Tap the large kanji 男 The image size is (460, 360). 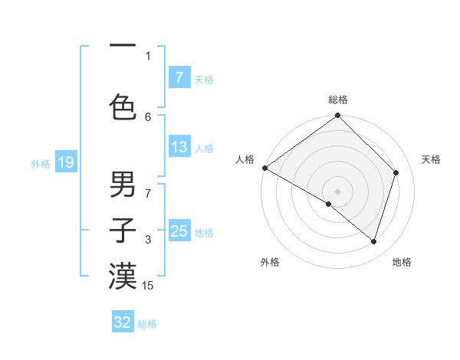coord(123,185)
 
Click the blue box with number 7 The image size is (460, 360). coord(179,77)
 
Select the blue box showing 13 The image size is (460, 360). coord(179,147)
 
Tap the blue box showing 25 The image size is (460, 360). coord(179,231)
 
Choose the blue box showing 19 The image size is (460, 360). coord(65,162)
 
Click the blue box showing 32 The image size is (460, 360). coord(123,322)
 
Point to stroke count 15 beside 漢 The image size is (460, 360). coord(148,286)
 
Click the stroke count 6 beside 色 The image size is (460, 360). coord(148,116)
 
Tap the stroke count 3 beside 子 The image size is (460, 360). coord(148,240)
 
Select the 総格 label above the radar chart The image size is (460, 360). coord(337,100)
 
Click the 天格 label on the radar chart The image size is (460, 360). coord(431,159)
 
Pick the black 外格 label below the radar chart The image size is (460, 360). coord(270,262)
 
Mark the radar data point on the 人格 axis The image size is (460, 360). coord(264,168)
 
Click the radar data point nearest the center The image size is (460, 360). coord(329,204)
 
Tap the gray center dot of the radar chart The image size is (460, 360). coord(337,191)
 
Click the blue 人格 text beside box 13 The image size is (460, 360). coord(204,148)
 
